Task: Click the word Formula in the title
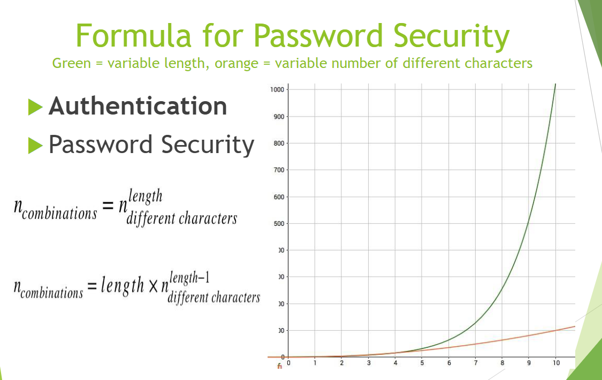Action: point(132,35)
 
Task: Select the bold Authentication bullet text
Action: point(138,106)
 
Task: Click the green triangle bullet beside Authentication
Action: point(35,107)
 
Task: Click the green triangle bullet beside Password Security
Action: point(35,145)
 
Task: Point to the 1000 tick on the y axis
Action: point(277,89)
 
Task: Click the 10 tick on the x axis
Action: point(557,363)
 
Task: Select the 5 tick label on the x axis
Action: point(422,363)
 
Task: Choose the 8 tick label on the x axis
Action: point(502,363)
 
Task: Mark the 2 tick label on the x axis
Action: point(341,363)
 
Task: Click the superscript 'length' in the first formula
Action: point(144,196)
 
